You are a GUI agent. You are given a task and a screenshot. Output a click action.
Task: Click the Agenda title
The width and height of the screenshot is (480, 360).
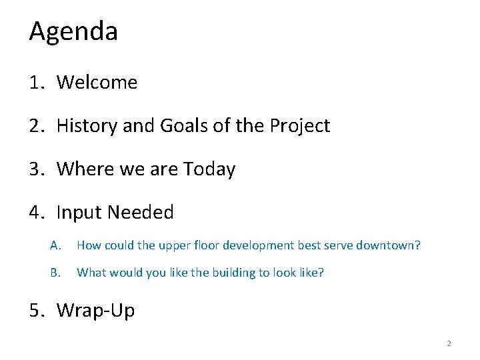73,32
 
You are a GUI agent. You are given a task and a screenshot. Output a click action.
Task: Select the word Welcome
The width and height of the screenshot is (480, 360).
97,83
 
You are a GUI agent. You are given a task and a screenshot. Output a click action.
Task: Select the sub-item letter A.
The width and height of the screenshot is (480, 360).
55,245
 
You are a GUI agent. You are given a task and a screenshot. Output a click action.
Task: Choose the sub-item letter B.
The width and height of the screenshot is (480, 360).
55,273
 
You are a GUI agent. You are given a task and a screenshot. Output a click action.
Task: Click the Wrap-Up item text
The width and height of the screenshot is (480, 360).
95,310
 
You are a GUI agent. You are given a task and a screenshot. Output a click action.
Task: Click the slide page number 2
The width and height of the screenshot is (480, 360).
449,344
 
